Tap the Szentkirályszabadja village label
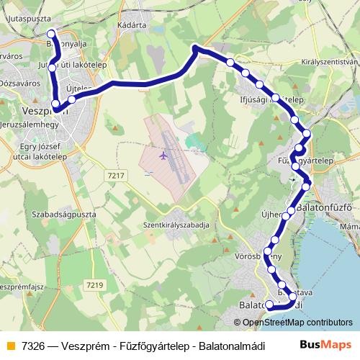tap(176, 225)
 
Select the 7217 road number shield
tap(114, 175)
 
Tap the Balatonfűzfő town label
tap(323, 208)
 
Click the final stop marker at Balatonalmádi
tap(269, 305)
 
